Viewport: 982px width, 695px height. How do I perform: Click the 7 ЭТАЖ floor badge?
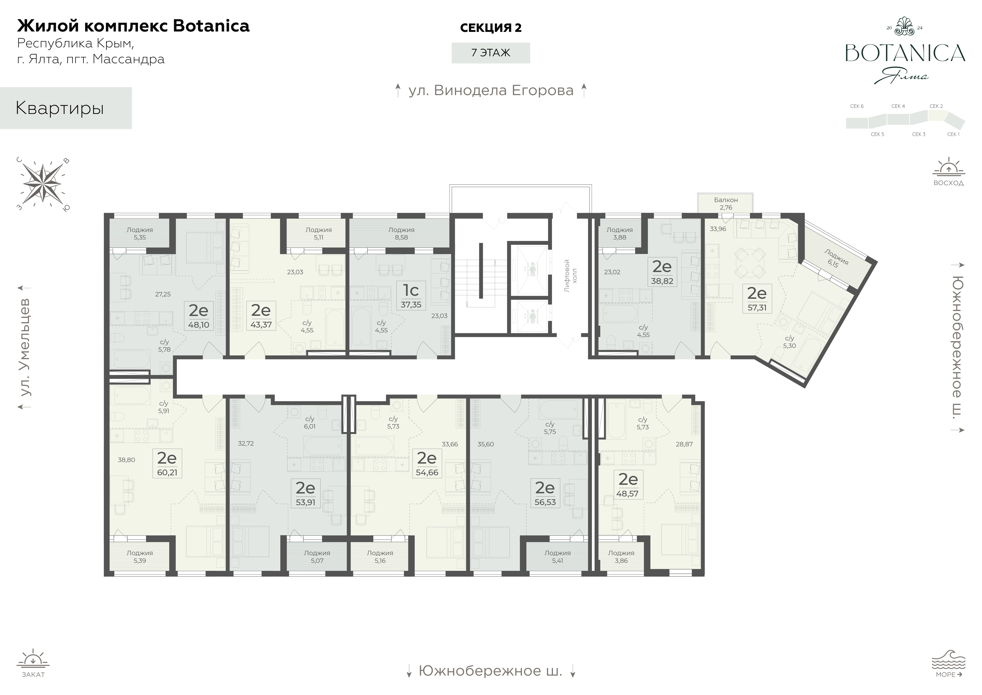[x=491, y=53]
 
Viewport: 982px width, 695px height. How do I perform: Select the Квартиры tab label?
[x=60, y=108]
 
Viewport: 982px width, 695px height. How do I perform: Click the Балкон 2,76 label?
[x=726, y=204]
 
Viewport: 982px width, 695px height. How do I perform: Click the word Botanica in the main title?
[x=211, y=26]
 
